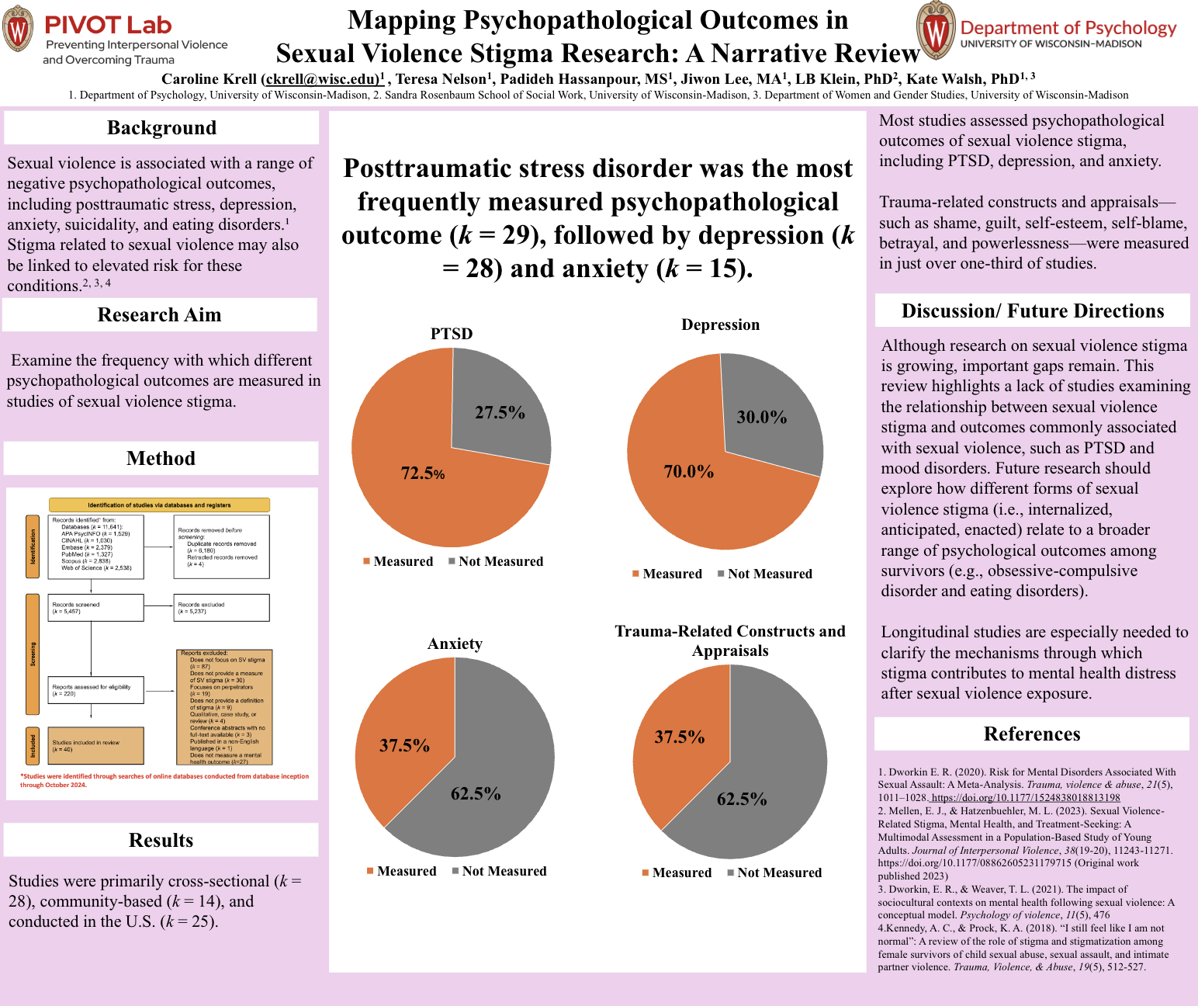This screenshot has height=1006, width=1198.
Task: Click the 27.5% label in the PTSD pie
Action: (x=500, y=413)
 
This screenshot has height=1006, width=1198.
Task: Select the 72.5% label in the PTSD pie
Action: (x=423, y=473)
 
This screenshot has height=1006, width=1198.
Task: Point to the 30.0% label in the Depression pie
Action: (x=761, y=418)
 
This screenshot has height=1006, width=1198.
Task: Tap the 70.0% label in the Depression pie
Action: (x=688, y=472)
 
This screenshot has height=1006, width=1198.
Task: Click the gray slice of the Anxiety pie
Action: (x=497, y=745)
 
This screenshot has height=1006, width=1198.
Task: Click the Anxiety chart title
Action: (x=455, y=643)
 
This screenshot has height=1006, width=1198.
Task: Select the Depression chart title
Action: (x=720, y=324)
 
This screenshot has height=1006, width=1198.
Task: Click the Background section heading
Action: (x=161, y=128)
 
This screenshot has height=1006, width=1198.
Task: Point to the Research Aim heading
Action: (x=159, y=315)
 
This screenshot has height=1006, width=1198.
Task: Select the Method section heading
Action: (x=161, y=459)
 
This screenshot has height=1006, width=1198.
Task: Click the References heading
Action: (x=1031, y=734)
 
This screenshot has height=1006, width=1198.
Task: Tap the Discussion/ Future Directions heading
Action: (x=1032, y=311)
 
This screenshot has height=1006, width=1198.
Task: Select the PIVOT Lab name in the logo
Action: (x=108, y=25)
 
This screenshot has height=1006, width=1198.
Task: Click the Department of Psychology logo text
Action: (x=1068, y=28)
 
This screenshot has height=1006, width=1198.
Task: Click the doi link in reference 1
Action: (x=1025, y=797)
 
